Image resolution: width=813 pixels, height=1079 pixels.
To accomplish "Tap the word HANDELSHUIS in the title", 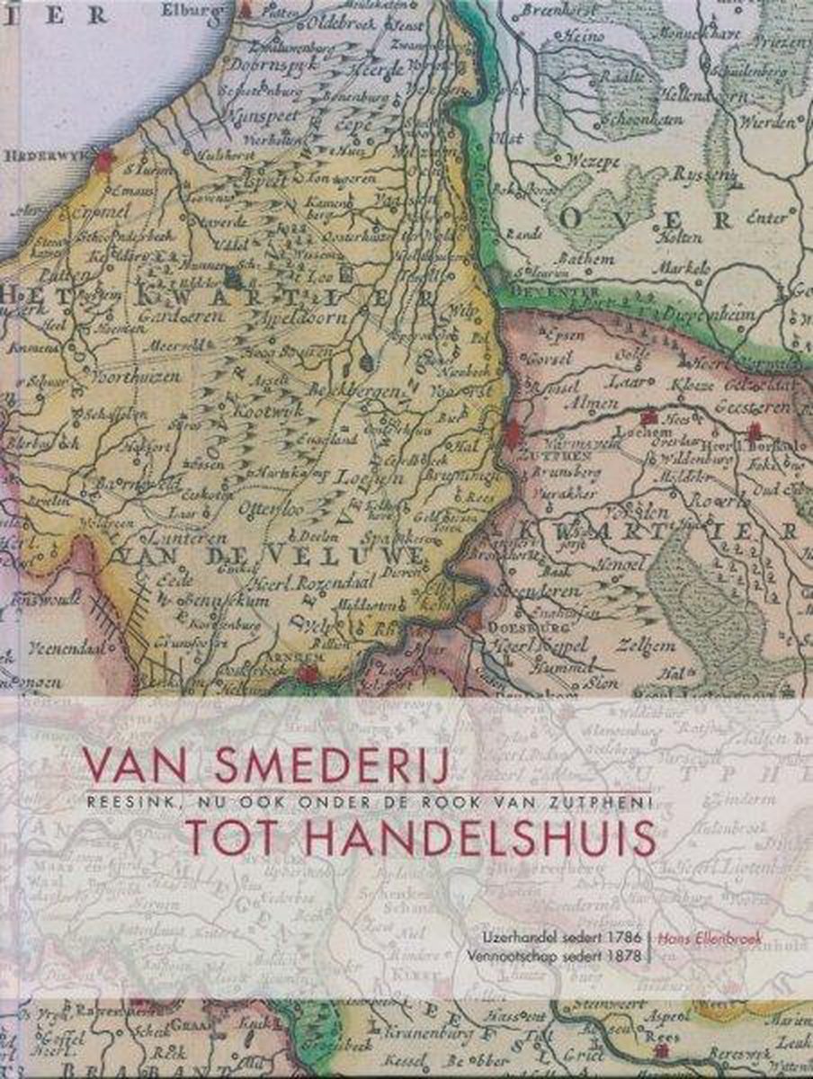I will [x=451, y=836].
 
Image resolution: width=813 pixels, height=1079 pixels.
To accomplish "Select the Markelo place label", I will [x=687, y=267].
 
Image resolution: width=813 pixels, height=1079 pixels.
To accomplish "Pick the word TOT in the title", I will [x=219, y=836].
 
